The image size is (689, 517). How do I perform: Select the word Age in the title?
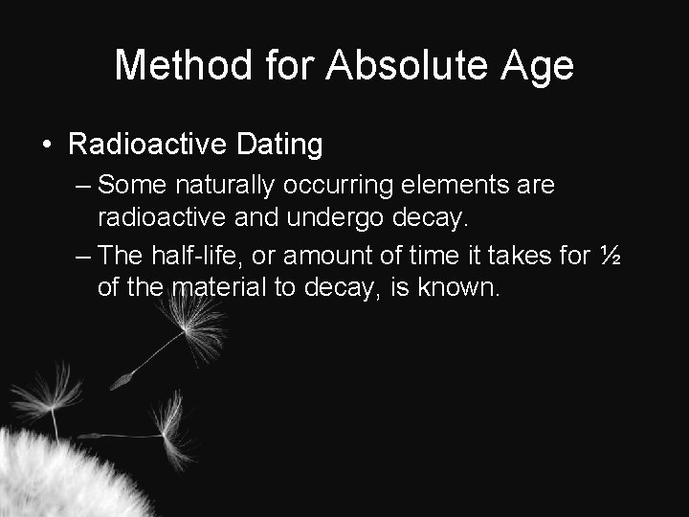pos(536,66)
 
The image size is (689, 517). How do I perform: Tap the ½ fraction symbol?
pos(609,255)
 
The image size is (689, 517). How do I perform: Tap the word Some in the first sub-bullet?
pos(130,182)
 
